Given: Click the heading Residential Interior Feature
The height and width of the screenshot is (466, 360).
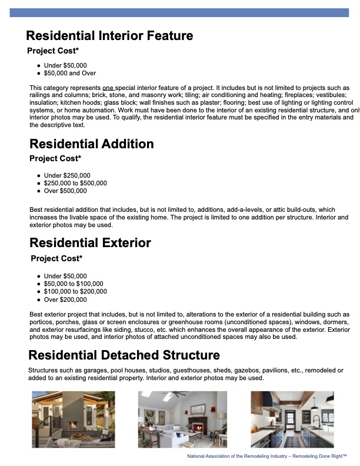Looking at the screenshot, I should tap(109, 36).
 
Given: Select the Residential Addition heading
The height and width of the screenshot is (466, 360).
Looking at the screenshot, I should tap(91, 144).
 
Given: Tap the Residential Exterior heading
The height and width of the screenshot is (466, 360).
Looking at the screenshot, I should tap(90, 243).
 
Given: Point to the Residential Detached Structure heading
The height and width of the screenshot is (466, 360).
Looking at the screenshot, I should tap(124, 355).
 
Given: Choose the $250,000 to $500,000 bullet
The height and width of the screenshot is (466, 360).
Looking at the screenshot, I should tap(75, 183).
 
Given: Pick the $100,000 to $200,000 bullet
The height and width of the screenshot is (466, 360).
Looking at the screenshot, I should tap(75, 291).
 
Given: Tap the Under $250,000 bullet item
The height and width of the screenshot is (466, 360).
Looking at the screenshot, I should tap(67, 175).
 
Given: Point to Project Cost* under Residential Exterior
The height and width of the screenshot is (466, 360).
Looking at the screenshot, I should tap(56, 258).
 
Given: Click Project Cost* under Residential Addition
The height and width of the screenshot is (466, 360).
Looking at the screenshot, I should tap(55, 158).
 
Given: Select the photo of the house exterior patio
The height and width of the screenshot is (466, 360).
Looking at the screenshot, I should tap(73, 419).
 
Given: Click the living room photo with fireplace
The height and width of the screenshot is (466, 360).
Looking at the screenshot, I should tap(182, 419).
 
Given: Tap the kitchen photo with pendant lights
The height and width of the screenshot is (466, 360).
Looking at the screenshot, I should tap(292, 419).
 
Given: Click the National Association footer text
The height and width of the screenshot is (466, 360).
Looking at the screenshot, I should tap(266, 456).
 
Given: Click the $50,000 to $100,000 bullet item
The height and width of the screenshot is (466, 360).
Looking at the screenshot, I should tap(74, 284).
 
